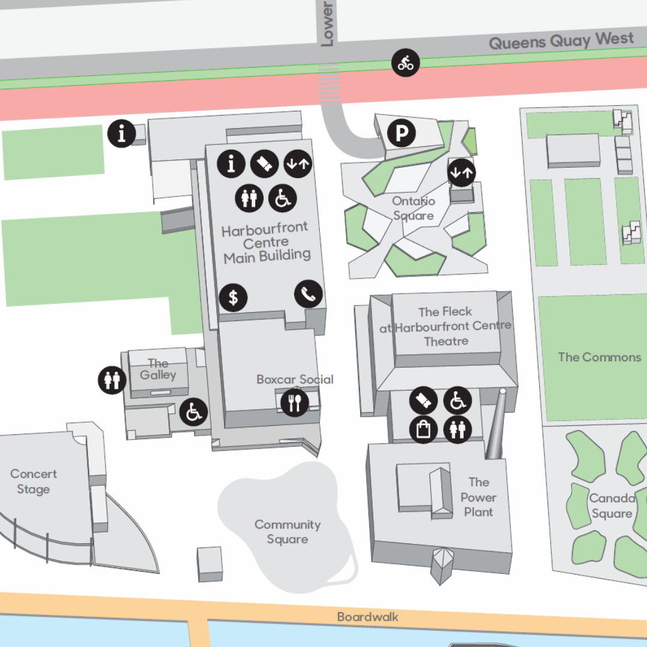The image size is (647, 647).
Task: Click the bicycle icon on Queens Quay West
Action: (x=406, y=63)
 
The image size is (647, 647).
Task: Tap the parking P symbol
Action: (x=401, y=134)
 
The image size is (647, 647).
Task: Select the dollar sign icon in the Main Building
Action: (x=233, y=297)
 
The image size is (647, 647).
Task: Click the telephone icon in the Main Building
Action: (x=309, y=294)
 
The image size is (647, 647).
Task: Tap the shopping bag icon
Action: (x=424, y=430)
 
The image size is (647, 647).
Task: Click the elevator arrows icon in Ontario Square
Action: (x=461, y=173)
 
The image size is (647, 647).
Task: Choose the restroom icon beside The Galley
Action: (x=112, y=380)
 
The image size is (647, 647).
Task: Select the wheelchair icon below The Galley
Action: (x=194, y=412)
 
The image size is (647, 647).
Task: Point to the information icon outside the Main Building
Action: (x=122, y=133)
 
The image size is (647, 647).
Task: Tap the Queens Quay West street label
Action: (x=561, y=41)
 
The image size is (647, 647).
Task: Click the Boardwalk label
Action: (x=367, y=616)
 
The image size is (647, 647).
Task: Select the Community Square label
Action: (x=288, y=532)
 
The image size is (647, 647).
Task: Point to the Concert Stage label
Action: (x=34, y=482)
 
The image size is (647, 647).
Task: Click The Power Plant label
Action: (x=478, y=497)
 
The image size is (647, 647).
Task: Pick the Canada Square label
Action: (x=612, y=506)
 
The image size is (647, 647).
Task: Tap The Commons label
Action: (x=599, y=357)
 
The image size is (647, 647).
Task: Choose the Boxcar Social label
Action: (x=295, y=379)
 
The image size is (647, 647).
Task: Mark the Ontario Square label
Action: (x=413, y=208)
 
